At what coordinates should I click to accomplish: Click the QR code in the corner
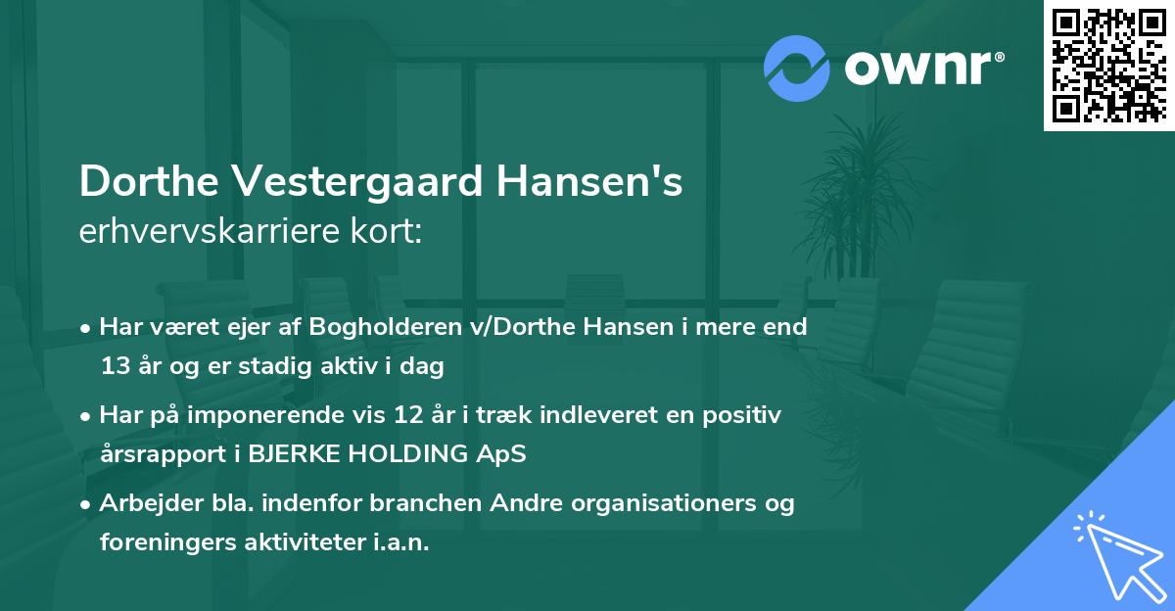pyautogui.click(x=1108, y=66)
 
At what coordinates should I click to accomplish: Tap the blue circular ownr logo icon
pyautogui.click(x=796, y=68)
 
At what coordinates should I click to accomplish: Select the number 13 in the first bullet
pyautogui.click(x=114, y=367)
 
